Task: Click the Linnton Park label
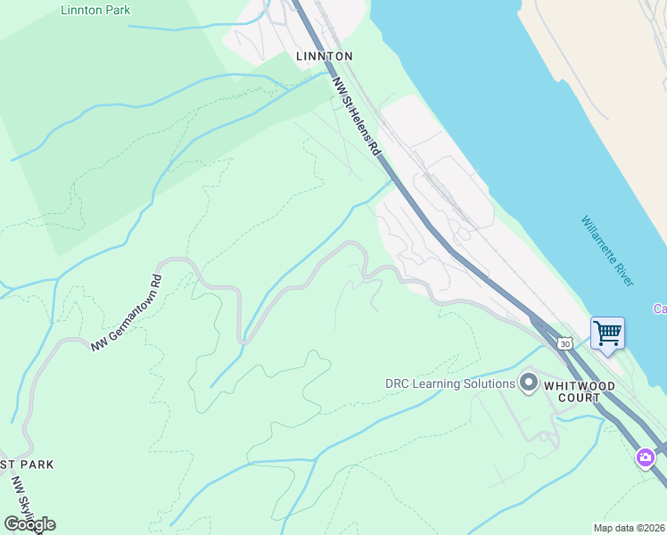coord(95,10)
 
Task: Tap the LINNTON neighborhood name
coord(325,56)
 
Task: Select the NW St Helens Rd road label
coord(358,117)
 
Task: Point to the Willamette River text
coord(607,251)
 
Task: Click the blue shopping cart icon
coord(607,334)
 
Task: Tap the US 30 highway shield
coord(564,342)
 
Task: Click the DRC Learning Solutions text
coord(450,383)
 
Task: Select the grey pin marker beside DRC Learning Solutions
coord(528,383)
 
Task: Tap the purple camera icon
coord(644,457)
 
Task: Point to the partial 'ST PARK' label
coord(27,465)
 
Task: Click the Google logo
coord(29,523)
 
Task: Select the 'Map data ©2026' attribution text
coord(629,528)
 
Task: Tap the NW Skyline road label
coord(25,504)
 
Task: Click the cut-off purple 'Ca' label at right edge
coord(660,309)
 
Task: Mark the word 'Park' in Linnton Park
coord(116,10)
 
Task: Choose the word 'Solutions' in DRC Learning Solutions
coord(489,383)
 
